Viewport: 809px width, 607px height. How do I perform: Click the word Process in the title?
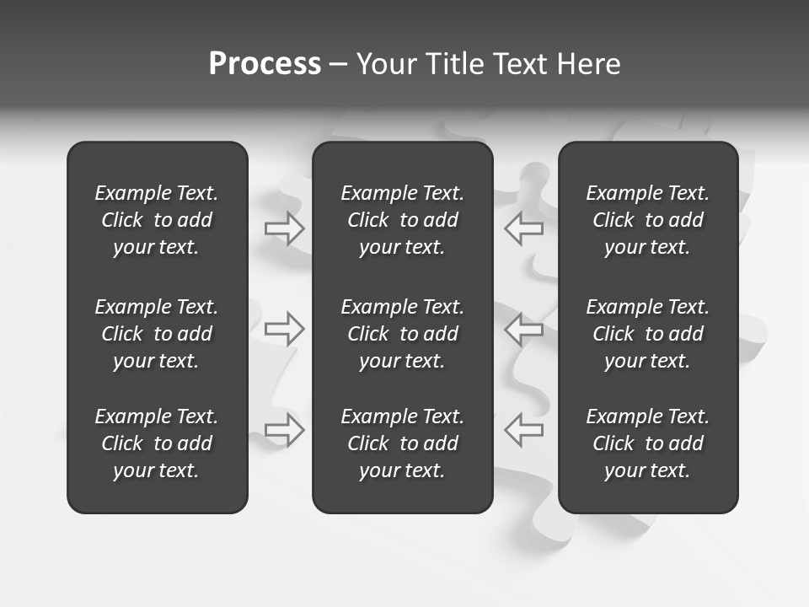[265, 64]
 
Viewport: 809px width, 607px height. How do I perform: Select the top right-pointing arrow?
[285, 228]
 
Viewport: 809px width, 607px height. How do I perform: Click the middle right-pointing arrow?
[285, 329]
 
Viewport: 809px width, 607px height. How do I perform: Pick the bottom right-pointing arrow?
[285, 429]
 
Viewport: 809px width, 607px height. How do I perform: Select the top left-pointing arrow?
[523, 228]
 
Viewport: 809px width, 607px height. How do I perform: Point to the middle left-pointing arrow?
[523, 329]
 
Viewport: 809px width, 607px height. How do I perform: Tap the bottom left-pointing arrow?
[523, 429]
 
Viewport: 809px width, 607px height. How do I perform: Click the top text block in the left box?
[157, 220]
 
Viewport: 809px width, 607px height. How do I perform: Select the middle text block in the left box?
[157, 334]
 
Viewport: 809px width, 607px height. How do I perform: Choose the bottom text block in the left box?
[157, 443]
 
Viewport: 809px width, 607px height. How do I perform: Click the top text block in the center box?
[403, 220]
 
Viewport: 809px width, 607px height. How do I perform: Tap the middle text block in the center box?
[403, 334]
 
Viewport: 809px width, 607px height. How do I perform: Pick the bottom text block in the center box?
[403, 443]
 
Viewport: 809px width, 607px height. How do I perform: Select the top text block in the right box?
[648, 220]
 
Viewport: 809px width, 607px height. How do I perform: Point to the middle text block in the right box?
[648, 334]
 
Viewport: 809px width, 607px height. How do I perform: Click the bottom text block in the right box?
[648, 443]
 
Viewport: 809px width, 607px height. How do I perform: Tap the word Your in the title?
[385, 64]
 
